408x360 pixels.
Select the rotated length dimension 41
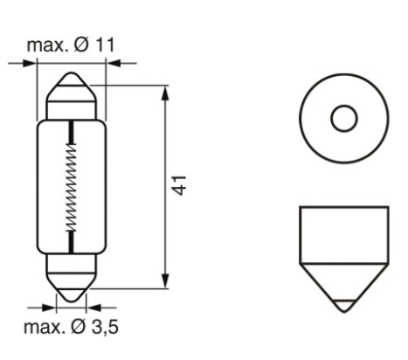[181, 185]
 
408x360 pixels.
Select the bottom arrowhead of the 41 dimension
[166, 283]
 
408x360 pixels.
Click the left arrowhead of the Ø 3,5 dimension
[51, 308]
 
